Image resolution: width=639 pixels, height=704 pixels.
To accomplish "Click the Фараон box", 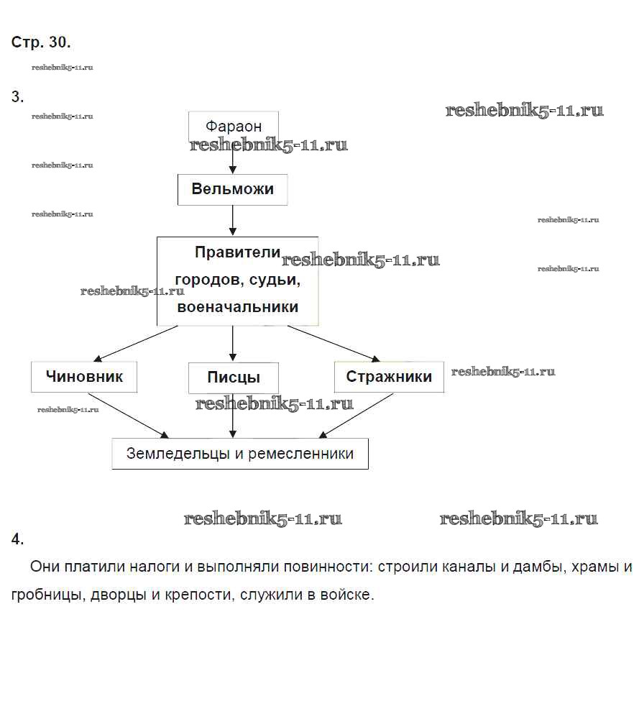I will [x=233, y=126].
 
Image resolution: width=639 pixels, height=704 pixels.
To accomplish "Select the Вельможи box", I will [x=232, y=190].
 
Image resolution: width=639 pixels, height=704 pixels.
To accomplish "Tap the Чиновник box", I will [x=84, y=377].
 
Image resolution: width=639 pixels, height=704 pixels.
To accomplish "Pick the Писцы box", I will [x=233, y=378].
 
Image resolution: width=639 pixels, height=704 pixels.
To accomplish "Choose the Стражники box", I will [x=389, y=377].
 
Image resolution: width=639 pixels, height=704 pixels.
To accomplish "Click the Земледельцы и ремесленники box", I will [x=239, y=454].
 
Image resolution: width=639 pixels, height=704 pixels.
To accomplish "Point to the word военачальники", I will [x=237, y=306].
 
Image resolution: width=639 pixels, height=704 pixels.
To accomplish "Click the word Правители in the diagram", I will [x=237, y=252].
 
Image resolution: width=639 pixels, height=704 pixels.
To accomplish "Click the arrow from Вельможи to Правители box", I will [x=233, y=221].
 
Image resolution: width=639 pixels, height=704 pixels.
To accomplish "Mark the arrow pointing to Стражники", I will [x=334, y=343].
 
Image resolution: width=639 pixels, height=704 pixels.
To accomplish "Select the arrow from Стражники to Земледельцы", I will [x=355, y=416].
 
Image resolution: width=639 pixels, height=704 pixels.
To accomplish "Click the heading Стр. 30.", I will [x=41, y=42].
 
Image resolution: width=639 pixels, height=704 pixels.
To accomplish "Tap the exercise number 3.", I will [x=17, y=97].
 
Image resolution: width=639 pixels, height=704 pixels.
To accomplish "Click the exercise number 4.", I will [x=17, y=539].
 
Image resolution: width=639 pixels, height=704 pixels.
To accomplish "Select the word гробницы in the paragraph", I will [x=45, y=595].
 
